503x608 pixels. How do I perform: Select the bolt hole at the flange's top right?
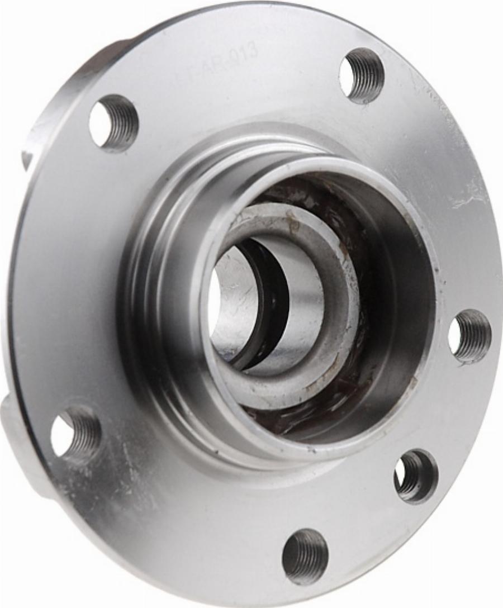pyautogui.click(x=362, y=75)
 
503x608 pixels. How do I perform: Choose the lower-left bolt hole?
pyautogui.click(x=75, y=433)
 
